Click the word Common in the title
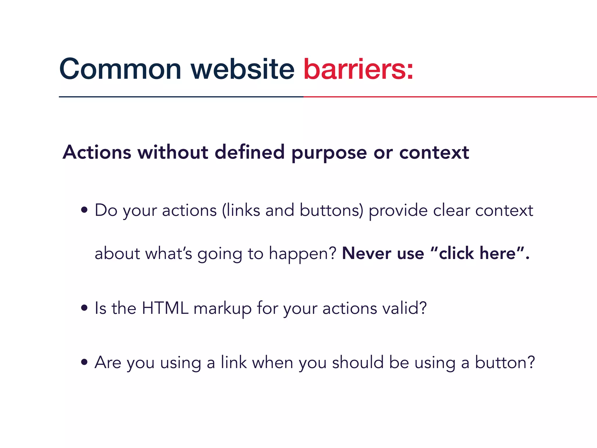(x=120, y=69)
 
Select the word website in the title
(x=243, y=69)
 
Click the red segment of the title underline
(x=449, y=97)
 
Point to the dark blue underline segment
(x=181, y=97)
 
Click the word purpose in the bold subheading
(x=329, y=153)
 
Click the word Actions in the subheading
(x=97, y=152)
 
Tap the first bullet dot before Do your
(x=84, y=210)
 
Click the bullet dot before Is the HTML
(x=84, y=308)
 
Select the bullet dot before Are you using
(x=84, y=362)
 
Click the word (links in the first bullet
(x=241, y=210)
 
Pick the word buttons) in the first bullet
(x=331, y=210)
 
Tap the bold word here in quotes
(x=498, y=253)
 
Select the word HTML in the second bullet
(x=165, y=308)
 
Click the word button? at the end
(x=505, y=362)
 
